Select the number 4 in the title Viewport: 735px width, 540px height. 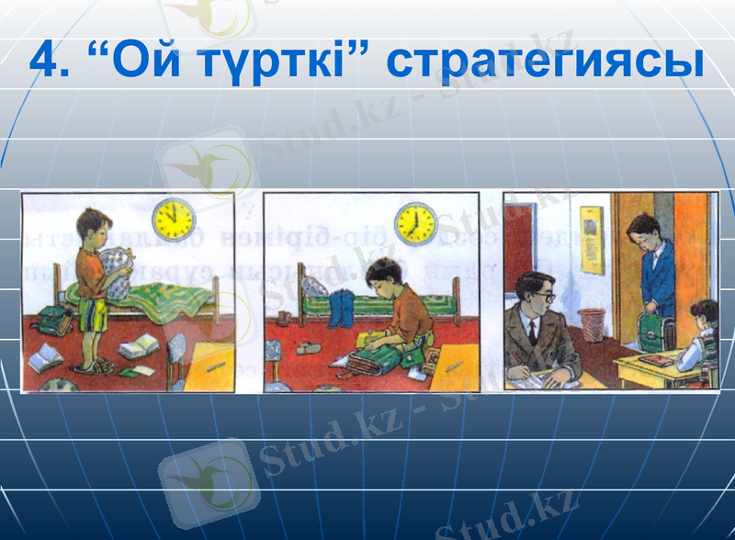pos(46,61)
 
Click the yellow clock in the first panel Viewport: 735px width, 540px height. pos(174,218)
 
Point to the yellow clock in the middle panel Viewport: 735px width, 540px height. pos(414,221)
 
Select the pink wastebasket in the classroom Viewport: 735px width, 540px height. pos(592,324)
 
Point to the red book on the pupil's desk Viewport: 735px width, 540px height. pos(658,360)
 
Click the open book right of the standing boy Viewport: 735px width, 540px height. pos(139,347)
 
